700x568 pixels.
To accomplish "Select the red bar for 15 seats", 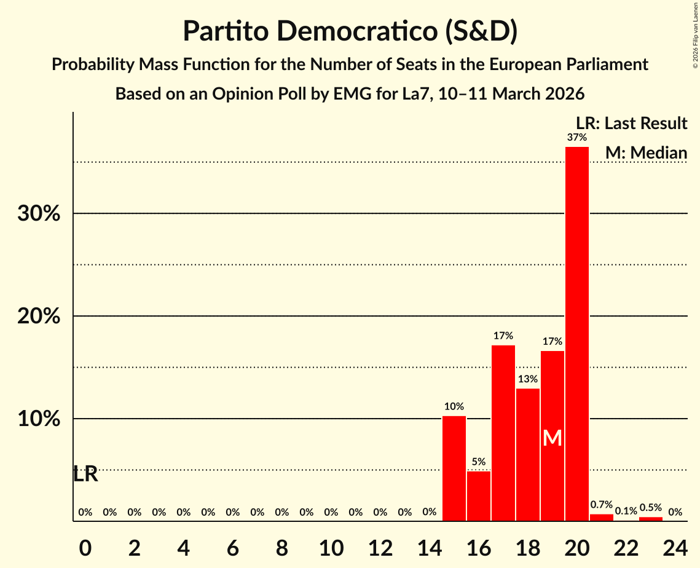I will tap(454, 468).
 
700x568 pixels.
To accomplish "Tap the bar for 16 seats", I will tap(479, 496).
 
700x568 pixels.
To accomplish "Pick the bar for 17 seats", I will tap(503, 433).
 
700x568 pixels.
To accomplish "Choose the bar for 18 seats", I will tap(528, 454).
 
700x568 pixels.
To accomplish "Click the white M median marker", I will tap(553, 438).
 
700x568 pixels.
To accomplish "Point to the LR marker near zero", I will tap(85, 475).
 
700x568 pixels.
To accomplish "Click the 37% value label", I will tap(576, 137).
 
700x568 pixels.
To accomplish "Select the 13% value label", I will tap(528, 379).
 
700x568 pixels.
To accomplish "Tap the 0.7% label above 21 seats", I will tap(602, 505).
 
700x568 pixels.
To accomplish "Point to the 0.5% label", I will tap(651, 508).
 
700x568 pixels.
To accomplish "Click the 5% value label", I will tap(479, 462).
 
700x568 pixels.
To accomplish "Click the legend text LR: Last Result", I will tap(631, 124).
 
